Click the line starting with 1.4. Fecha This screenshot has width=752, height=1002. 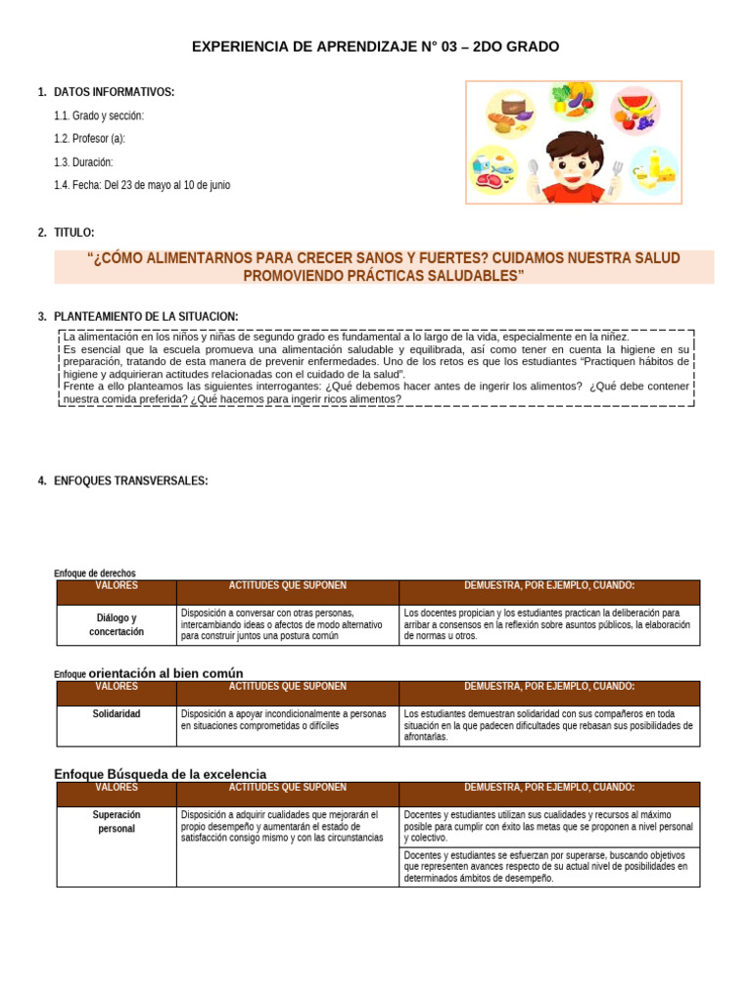(142, 185)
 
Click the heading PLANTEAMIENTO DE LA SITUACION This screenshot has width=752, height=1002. (145, 316)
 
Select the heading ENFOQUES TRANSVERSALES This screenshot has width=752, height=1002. (130, 480)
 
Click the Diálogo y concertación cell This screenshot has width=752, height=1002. (117, 625)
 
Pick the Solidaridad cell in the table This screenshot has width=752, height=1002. (117, 713)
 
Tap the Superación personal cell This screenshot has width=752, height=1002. (117, 821)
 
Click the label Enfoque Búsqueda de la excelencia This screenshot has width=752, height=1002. (160, 774)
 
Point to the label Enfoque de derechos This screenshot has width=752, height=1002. (94, 572)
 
